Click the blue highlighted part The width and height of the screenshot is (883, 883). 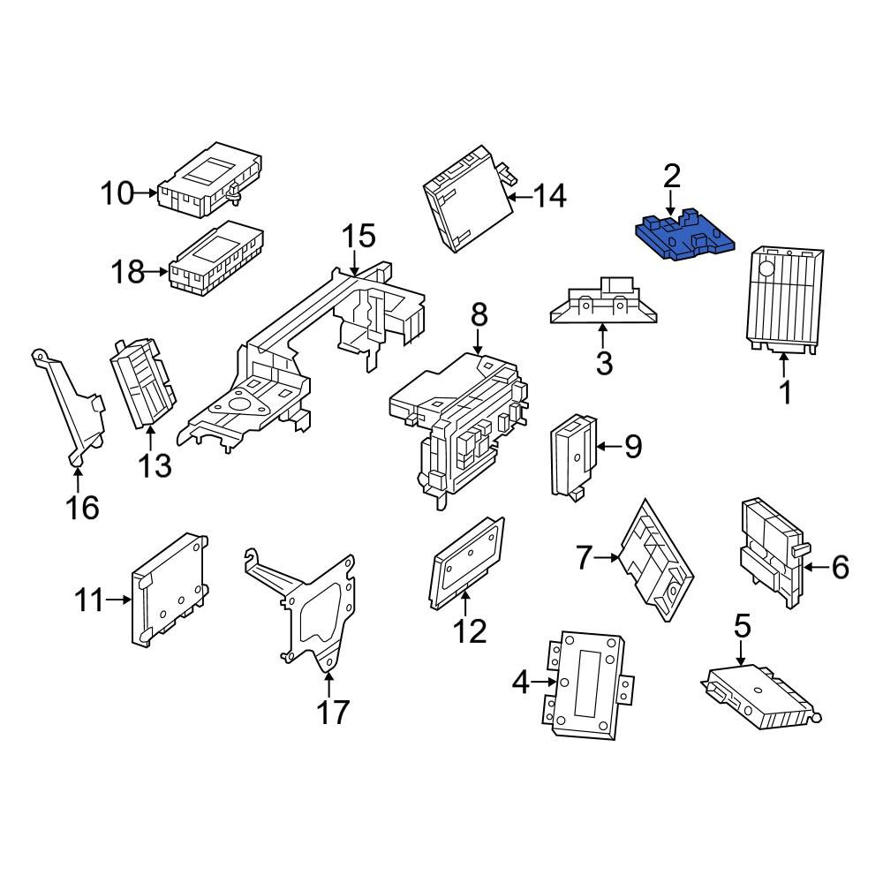684,237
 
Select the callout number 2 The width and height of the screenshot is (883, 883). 671,177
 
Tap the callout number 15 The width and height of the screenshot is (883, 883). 358,236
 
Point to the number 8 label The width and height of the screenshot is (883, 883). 479,315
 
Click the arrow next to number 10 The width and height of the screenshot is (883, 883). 147,193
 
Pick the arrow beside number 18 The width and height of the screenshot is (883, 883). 157,272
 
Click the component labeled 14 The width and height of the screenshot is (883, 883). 469,199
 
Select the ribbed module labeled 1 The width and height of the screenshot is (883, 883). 784,301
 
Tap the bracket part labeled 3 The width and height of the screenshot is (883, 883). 602,304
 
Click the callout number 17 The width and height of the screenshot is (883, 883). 333,713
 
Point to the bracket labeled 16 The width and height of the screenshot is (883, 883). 70,409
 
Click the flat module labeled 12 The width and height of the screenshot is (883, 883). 467,563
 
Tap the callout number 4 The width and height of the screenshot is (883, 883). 521,683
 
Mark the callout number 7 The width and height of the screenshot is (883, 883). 584,557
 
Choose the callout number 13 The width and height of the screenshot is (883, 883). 155,465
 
